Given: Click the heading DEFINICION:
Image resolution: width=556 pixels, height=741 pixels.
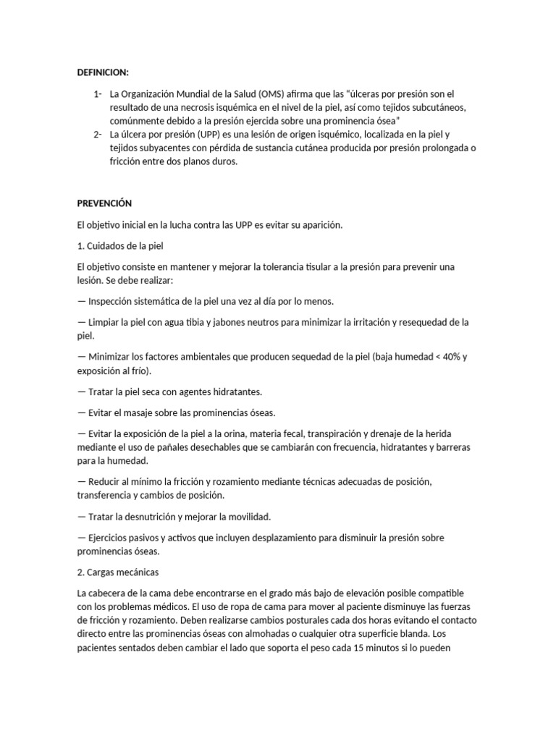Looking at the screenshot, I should point(103,72).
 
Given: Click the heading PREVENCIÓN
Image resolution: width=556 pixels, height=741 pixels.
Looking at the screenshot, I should point(104,203).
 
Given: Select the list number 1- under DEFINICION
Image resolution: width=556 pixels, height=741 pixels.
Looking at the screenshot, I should point(98,94).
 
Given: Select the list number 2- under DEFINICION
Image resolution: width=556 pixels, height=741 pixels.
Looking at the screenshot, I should point(98,135).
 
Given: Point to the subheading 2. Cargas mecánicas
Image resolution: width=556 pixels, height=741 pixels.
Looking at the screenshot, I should point(117,572).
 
